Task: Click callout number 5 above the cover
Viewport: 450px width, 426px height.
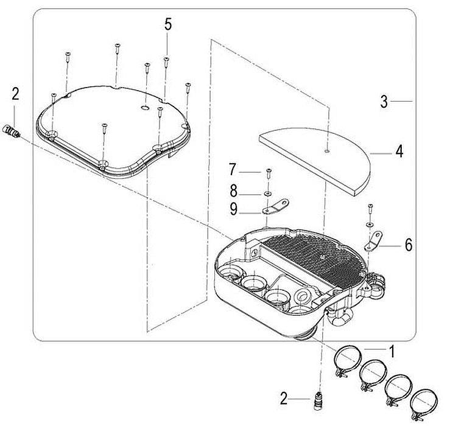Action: [168, 24]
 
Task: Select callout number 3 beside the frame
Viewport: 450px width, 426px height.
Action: [384, 102]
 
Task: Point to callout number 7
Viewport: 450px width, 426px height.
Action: [233, 169]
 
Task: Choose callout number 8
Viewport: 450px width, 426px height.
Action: [234, 190]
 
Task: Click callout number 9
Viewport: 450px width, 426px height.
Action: [234, 209]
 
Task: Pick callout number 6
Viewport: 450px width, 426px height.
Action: [409, 245]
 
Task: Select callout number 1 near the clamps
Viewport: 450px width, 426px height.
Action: [391, 351]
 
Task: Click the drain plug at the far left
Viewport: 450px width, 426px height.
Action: [11, 130]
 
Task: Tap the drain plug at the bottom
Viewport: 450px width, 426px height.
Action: [317, 401]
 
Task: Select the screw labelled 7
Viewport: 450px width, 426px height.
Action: [269, 173]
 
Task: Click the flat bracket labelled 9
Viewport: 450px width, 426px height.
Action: [276, 206]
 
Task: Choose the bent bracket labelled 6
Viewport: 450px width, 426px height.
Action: [373, 242]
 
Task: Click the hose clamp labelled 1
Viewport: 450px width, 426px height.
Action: [347, 361]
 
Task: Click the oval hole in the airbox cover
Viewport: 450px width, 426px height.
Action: [145, 108]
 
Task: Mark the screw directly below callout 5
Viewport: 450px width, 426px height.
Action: [166, 61]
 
